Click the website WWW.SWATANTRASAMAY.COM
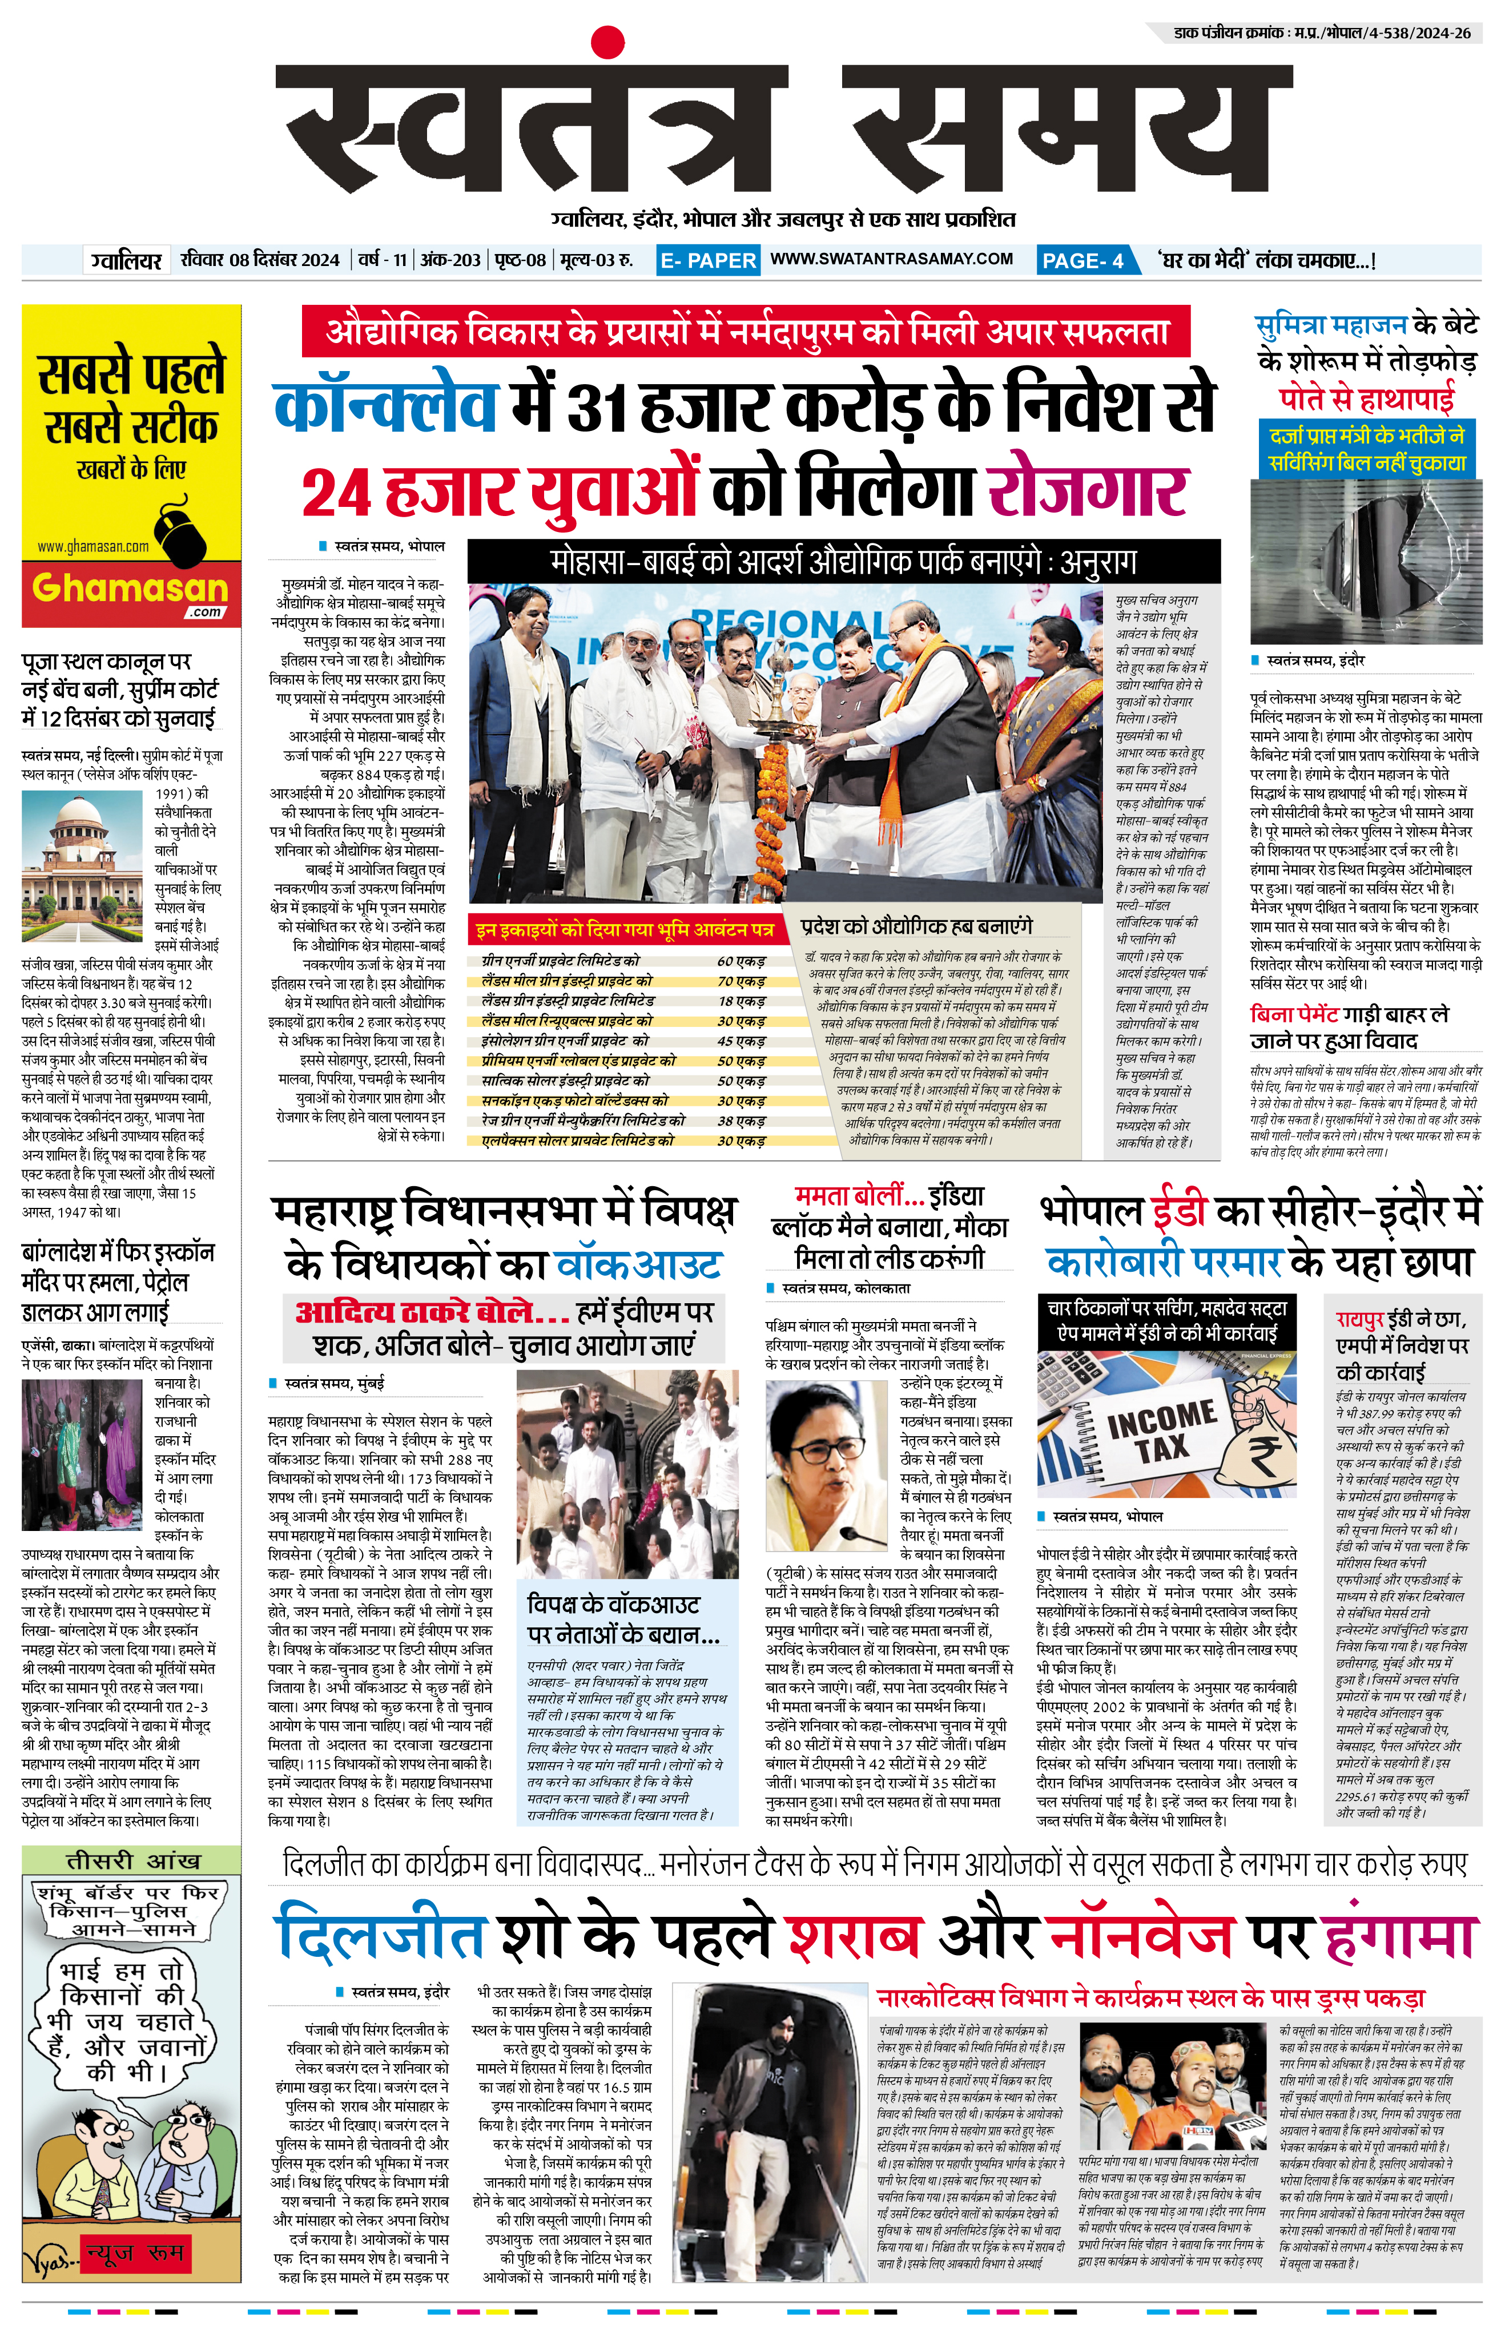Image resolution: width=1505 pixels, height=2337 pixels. [891, 259]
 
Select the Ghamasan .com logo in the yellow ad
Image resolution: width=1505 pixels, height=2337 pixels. [131, 591]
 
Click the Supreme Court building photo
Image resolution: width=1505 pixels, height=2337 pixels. [86, 852]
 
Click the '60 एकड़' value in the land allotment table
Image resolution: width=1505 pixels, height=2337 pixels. [741, 961]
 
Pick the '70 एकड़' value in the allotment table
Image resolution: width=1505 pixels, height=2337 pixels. [741, 981]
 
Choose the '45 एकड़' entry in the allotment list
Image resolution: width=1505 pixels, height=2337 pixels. [741, 1041]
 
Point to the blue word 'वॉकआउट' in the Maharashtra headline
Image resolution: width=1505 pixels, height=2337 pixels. [638, 1265]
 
